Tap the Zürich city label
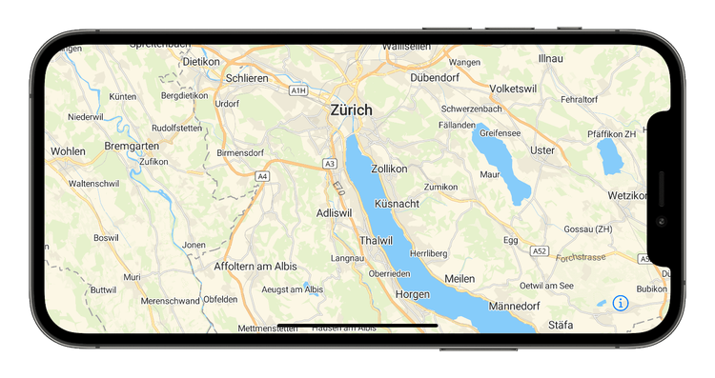point(352,109)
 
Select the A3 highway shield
point(330,164)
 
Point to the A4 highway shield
point(262,176)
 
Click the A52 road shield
point(540,251)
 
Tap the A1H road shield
point(298,90)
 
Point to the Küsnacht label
point(398,205)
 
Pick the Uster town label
point(542,150)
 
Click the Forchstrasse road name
point(582,257)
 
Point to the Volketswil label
point(516,89)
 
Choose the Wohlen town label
point(68,150)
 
